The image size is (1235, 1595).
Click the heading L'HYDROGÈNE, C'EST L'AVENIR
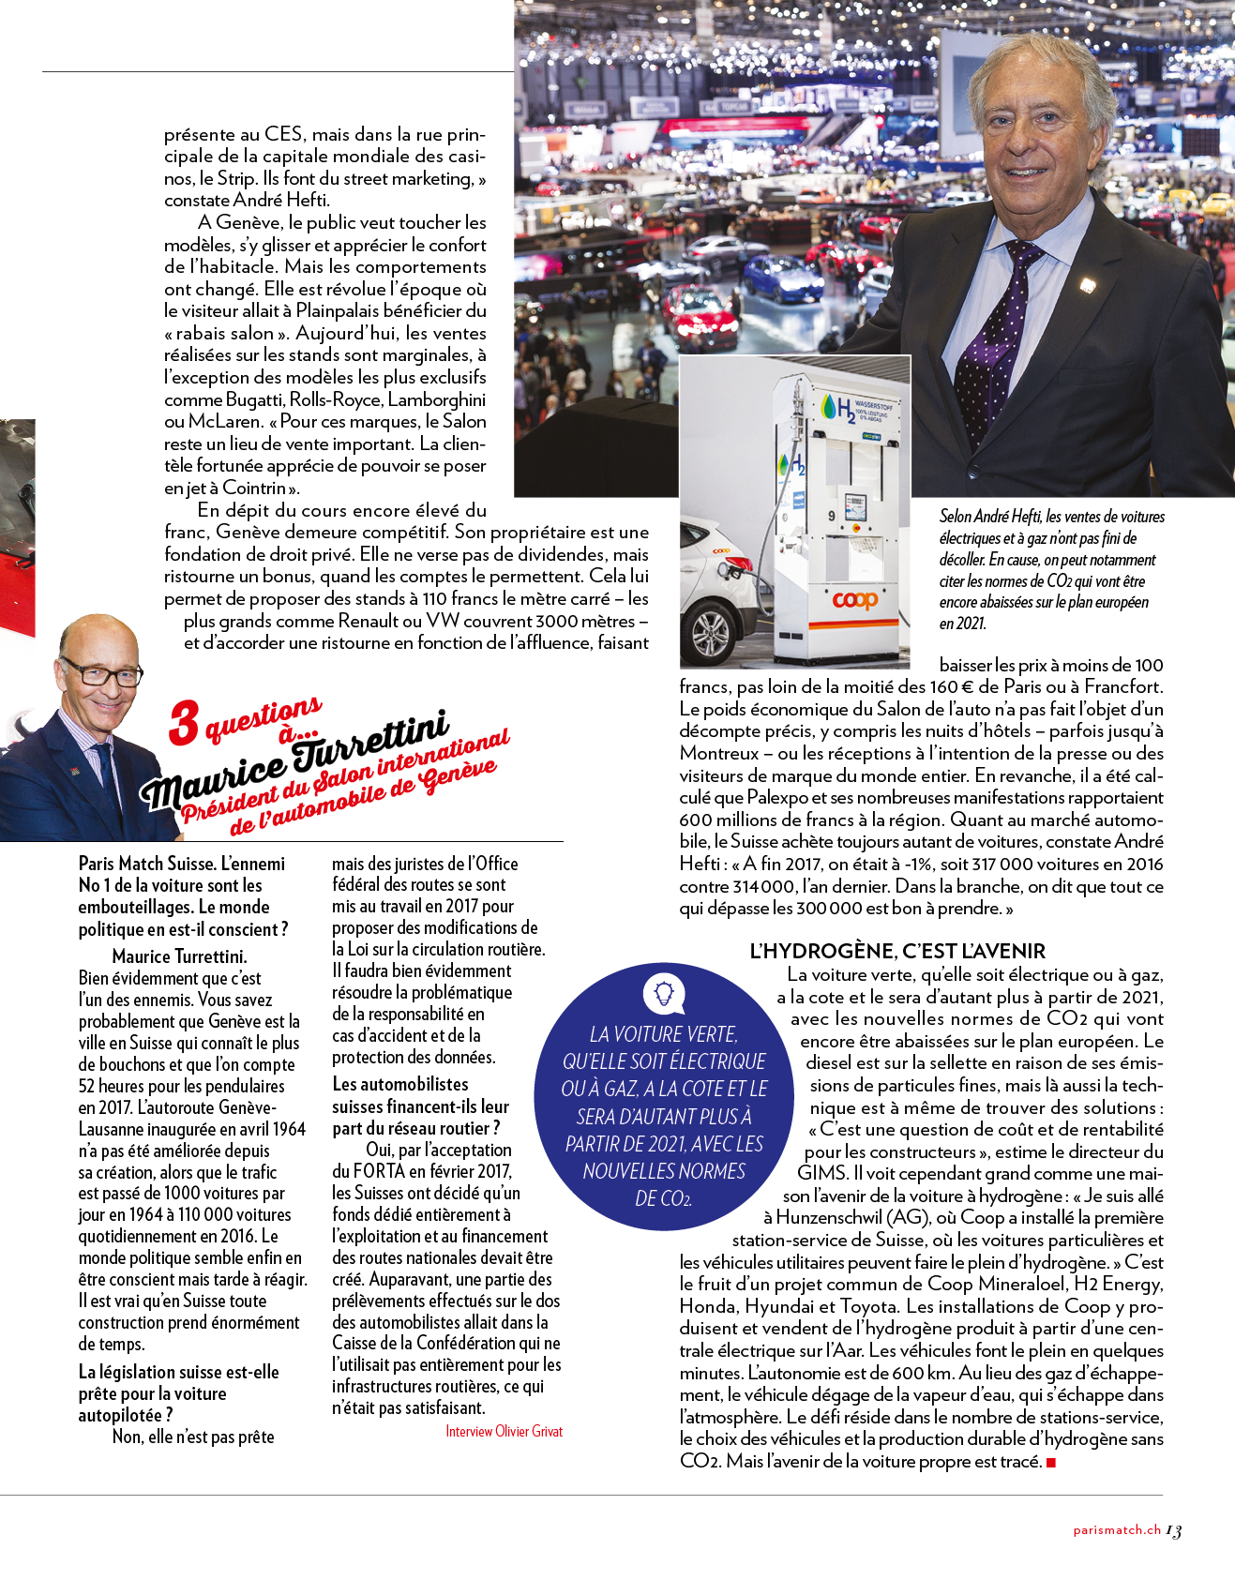pos(896,951)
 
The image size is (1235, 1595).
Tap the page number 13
pos(1174,1530)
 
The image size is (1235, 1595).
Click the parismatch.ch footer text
pos(1117,1530)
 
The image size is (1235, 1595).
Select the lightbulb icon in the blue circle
pos(664,991)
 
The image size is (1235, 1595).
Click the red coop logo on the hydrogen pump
pos(854,599)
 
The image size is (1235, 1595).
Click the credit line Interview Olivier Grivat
pos(504,1431)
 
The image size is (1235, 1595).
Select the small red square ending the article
pos(1051,1462)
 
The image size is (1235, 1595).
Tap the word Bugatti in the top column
pos(252,399)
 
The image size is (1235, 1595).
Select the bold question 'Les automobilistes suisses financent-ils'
pos(420,1106)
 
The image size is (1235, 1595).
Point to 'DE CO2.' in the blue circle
pos(663,1198)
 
